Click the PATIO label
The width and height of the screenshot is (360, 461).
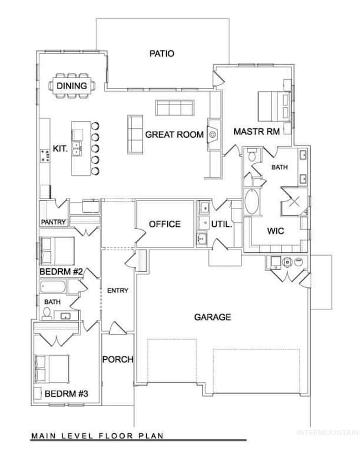coord(162,54)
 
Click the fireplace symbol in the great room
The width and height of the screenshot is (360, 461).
coord(213,134)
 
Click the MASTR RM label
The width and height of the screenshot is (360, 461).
coord(255,132)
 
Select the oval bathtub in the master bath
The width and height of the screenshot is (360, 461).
coord(251,203)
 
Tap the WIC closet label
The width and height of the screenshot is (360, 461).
coord(275,231)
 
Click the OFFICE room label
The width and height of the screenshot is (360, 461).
coord(164,224)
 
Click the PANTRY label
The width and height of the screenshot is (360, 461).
coord(54,222)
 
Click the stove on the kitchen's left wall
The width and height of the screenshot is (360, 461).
coord(43,154)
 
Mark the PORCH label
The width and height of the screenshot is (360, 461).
coord(117,359)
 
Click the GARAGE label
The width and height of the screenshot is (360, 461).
coord(212,317)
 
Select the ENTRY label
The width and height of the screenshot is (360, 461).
coord(117,290)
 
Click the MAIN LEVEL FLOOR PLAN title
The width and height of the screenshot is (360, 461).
coord(97,435)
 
